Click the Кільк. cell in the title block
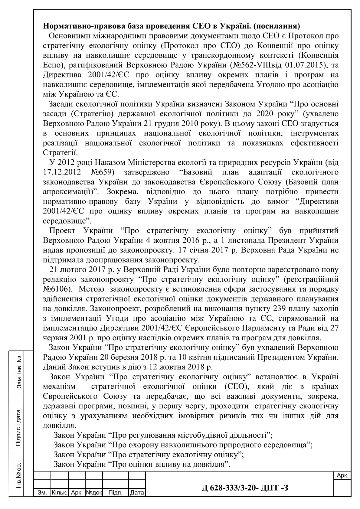60,493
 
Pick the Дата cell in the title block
137,493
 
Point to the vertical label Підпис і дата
18,428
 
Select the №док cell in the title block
94,493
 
